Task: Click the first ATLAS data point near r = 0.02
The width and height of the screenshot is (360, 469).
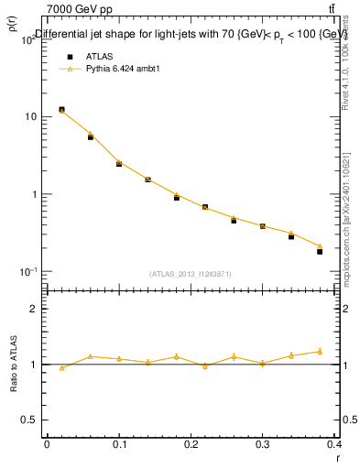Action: [x=61, y=110]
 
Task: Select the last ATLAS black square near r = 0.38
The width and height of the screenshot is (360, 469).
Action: [x=320, y=251]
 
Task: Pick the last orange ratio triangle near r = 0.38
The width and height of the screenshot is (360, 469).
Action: [x=320, y=351]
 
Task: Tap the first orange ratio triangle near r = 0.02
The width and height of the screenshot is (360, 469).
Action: [x=61, y=368]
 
